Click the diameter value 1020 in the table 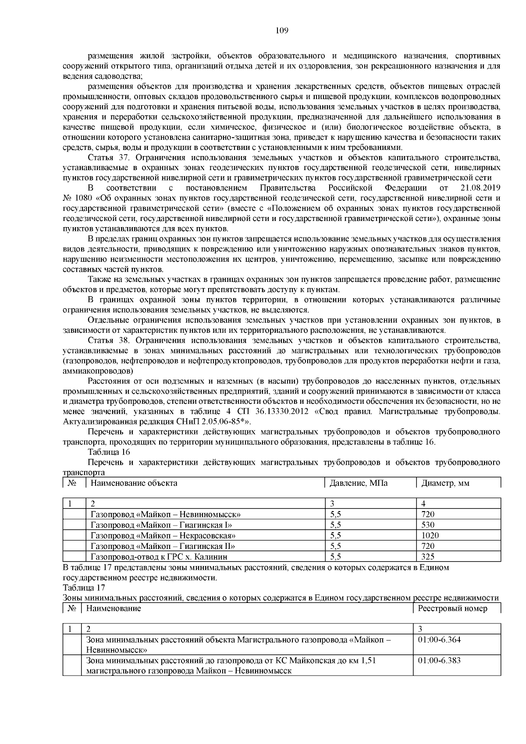pyautogui.click(x=430, y=535)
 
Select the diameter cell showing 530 pyautogui.click(x=428, y=525)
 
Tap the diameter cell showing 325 pyautogui.click(x=428, y=557)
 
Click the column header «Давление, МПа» pyautogui.click(x=359, y=484)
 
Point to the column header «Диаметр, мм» pyautogui.click(x=445, y=484)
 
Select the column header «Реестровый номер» pyautogui.click(x=452, y=609)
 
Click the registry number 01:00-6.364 pyautogui.click(x=439, y=640)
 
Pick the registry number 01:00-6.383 pyautogui.click(x=439, y=661)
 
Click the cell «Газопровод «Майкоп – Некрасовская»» pyautogui.click(x=163, y=535)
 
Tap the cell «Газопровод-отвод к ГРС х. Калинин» pyautogui.click(x=159, y=557)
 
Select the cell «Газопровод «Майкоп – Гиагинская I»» pyautogui.click(x=161, y=525)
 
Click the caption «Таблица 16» pyautogui.click(x=109, y=452)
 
